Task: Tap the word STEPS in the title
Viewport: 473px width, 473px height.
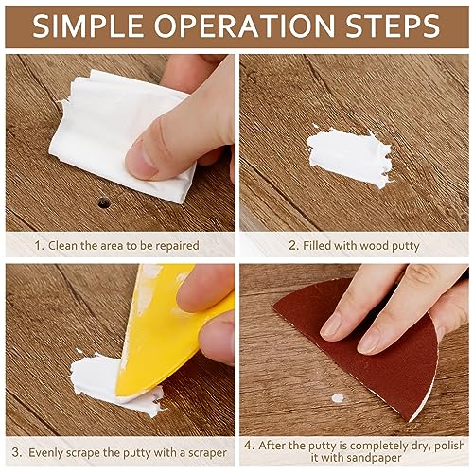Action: [392, 26]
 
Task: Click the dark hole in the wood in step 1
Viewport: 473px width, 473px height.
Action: [103, 202]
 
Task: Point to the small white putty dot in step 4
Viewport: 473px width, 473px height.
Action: [338, 398]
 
